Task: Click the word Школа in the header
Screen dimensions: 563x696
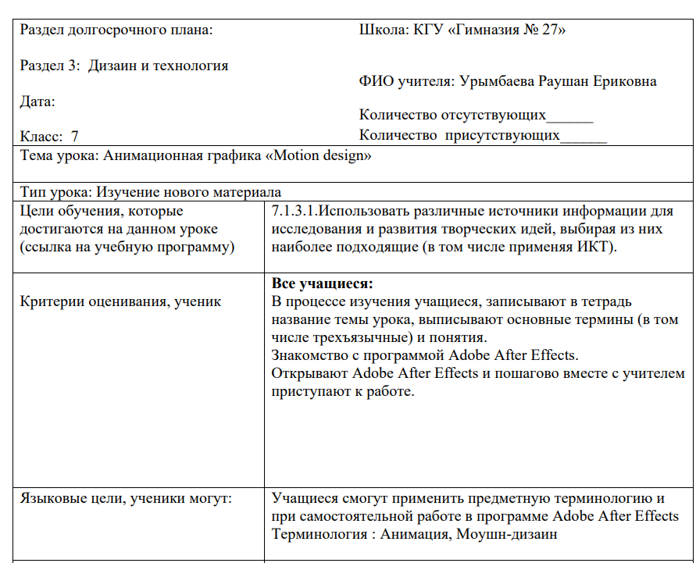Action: pos(379,30)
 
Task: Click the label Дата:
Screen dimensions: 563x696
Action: pos(37,102)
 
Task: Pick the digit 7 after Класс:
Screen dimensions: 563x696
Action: pos(75,136)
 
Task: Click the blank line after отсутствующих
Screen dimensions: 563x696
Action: pos(570,117)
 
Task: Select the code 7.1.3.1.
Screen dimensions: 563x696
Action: pos(295,211)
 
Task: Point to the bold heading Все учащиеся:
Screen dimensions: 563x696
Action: pos(322,283)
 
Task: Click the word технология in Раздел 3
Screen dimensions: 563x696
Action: pos(191,66)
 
